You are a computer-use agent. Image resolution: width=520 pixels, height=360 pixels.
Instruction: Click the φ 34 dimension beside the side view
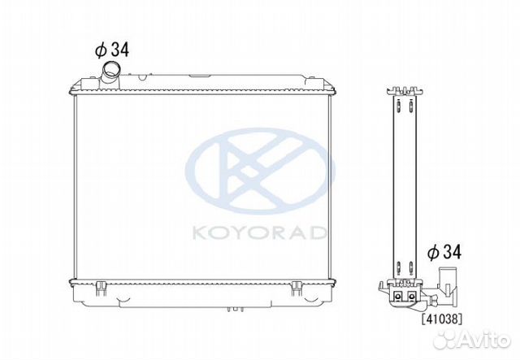click(x=444, y=253)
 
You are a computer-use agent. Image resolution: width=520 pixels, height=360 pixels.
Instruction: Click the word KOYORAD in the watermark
click(x=258, y=233)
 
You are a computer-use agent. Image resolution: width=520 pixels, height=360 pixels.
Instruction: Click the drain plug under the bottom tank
click(x=236, y=310)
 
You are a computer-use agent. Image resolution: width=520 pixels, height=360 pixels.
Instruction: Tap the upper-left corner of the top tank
click(x=74, y=84)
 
